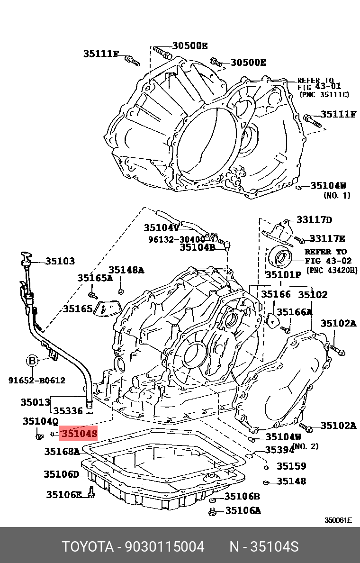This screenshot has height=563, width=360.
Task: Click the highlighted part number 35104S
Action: click(79, 433)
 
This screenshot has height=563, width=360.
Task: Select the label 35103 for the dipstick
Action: click(60, 261)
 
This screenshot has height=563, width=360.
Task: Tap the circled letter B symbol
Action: click(32, 361)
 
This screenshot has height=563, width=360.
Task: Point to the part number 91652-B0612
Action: click(36, 380)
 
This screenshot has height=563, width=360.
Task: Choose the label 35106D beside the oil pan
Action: click(61, 474)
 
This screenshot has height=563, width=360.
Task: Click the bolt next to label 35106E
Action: click(91, 494)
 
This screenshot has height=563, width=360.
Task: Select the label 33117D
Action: click(315, 219)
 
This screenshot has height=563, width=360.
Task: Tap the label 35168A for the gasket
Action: click(62, 452)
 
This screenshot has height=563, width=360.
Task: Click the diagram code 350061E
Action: click(338, 520)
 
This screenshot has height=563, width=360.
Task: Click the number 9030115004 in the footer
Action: click(164, 547)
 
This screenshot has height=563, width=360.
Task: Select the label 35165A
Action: click(95, 278)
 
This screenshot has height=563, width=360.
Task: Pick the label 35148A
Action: click(126, 270)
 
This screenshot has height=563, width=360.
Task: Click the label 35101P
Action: click(283, 274)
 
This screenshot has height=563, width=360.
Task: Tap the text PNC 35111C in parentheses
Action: click(324, 95)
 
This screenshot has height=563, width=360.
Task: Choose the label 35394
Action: click(279, 450)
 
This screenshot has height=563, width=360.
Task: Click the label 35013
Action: click(35, 402)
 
